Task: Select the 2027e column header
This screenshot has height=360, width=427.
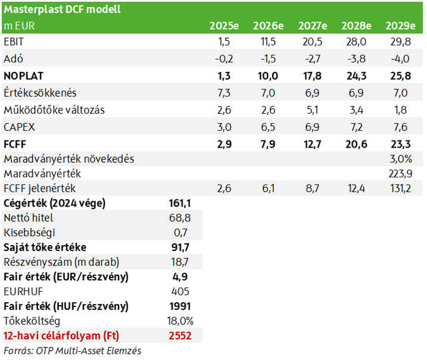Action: tap(313, 26)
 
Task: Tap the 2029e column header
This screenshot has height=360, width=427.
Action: tap(400, 26)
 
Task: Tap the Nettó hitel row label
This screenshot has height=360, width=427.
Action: tap(28, 218)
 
